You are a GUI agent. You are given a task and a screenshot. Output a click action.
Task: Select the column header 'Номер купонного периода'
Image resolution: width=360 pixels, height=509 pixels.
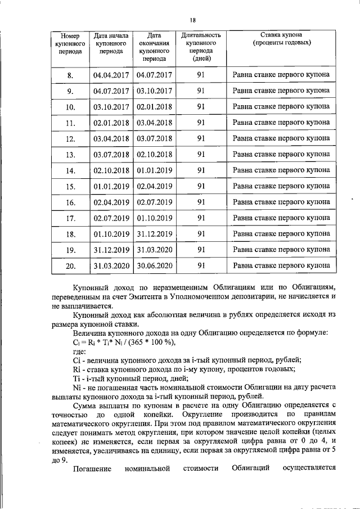pos(70,43)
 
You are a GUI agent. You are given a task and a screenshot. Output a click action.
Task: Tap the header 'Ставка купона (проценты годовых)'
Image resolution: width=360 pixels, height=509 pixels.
pos(281,39)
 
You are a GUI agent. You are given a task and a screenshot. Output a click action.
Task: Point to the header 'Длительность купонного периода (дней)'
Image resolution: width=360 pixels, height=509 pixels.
pos(201,47)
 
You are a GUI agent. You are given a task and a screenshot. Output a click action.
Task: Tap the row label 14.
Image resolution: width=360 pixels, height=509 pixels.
pos(70,170)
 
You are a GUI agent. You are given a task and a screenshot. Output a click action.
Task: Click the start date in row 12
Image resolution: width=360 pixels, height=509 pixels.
pos(111,138)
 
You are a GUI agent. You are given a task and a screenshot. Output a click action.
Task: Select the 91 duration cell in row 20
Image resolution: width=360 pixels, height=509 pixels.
pos(201,265)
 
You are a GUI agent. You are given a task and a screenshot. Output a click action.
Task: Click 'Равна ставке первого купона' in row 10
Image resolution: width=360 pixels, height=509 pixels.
pos(281,107)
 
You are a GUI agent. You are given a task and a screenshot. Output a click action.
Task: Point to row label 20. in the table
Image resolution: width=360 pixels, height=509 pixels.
pos(70,265)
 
